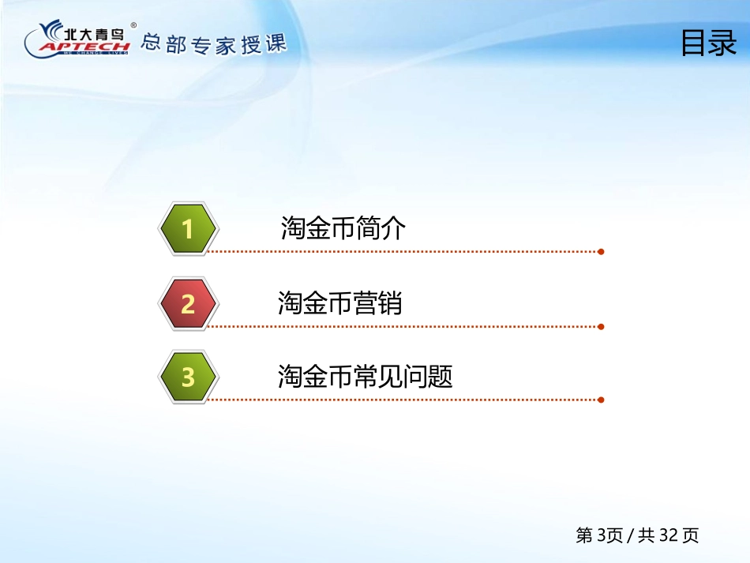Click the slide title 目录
(x=708, y=43)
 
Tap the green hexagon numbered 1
(x=189, y=228)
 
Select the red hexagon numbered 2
(x=189, y=303)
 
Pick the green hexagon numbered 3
(x=189, y=377)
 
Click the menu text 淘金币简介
(x=343, y=227)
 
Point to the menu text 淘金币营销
(x=339, y=302)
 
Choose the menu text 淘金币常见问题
(x=365, y=376)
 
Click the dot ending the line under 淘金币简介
(x=601, y=252)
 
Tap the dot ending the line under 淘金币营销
(x=601, y=327)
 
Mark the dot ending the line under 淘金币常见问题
(x=601, y=400)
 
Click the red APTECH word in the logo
(x=84, y=47)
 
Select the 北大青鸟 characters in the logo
(x=94, y=33)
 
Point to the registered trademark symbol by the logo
(x=133, y=25)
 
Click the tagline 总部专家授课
(x=213, y=44)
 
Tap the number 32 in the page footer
(x=668, y=535)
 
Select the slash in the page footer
(x=631, y=535)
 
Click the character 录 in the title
(x=722, y=43)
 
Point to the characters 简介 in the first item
(x=381, y=227)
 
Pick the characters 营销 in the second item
(x=377, y=302)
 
